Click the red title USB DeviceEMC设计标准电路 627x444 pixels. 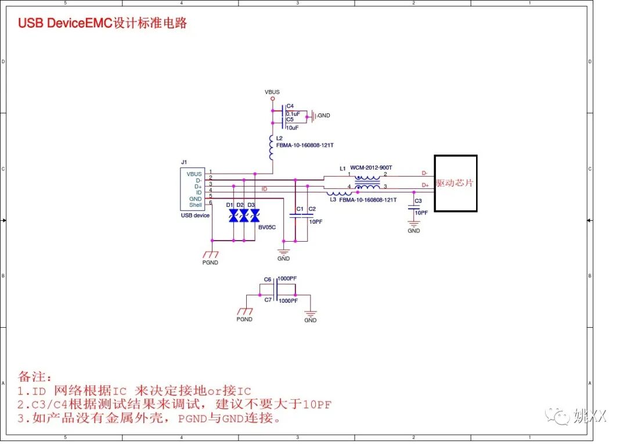(x=102, y=23)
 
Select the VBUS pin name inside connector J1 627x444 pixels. (x=194, y=174)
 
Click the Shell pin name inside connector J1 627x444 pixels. (x=195, y=205)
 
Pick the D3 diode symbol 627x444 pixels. (x=254, y=216)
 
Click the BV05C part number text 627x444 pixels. (x=267, y=228)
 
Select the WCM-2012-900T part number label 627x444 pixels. (x=371, y=168)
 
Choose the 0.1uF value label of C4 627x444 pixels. (x=293, y=113)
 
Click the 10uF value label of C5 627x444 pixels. (x=292, y=127)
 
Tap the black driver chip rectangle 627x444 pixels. (x=456, y=183)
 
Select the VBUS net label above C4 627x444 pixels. (x=272, y=92)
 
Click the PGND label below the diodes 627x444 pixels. (x=210, y=263)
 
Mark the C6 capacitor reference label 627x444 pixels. (x=268, y=280)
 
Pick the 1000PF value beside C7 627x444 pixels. (x=288, y=300)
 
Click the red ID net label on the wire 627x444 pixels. (x=264, y=189)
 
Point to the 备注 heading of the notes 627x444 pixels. (x=35, y=377)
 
